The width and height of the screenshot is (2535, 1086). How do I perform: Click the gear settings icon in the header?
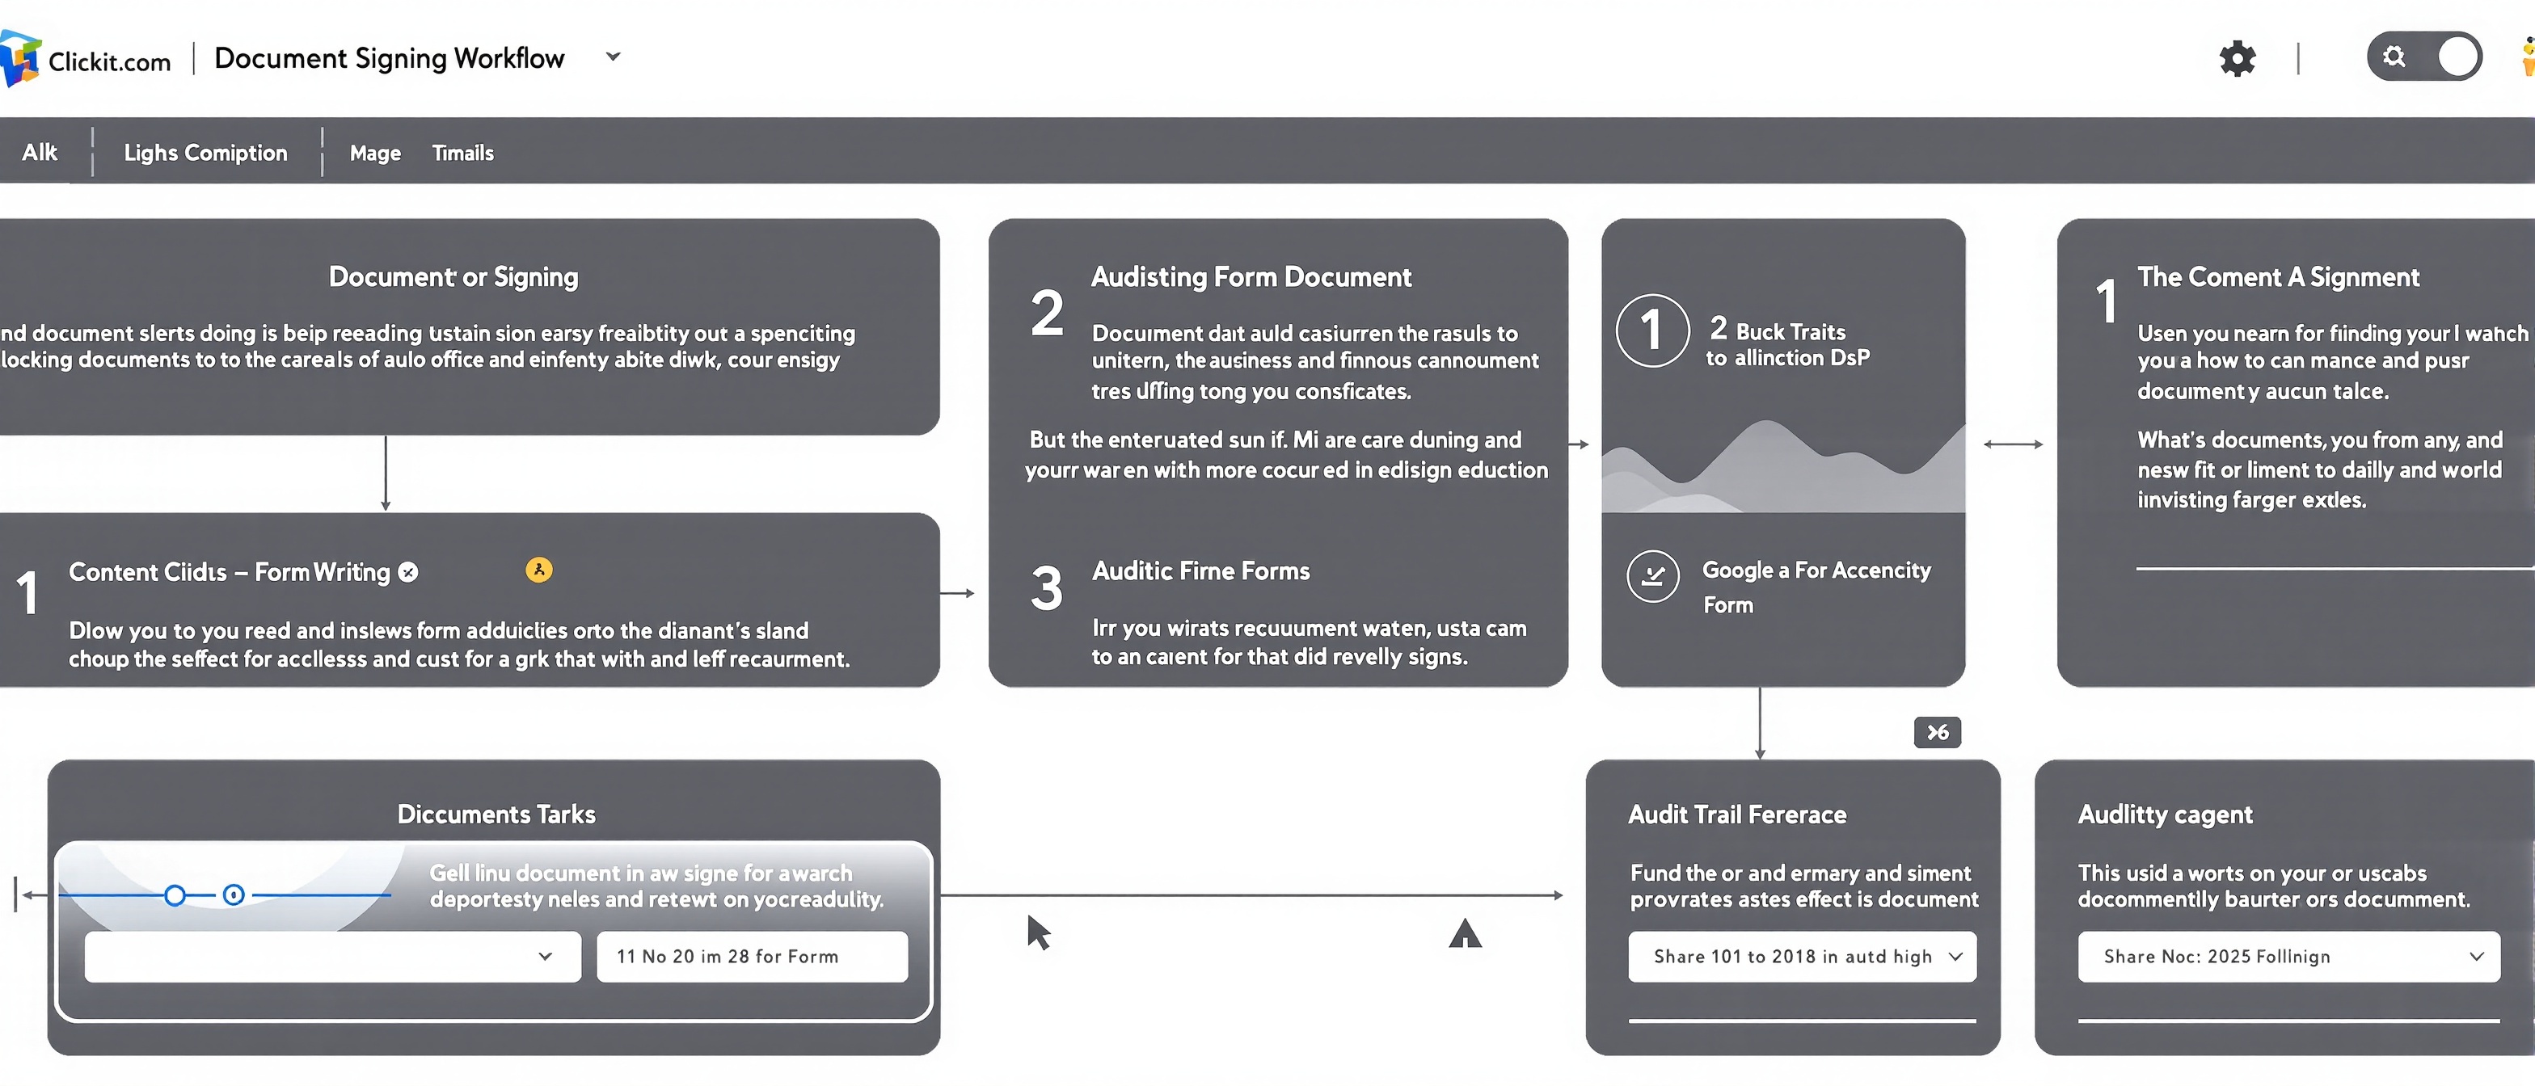pyautogui.click(x=2237, y=59)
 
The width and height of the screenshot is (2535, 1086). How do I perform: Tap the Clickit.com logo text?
pyautogui.click(x=108, y=61)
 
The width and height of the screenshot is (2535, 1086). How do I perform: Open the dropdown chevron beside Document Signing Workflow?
pyautogui.click(x=613, y=57)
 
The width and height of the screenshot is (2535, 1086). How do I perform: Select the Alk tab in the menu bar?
pyautogui.click(x=40, y=153)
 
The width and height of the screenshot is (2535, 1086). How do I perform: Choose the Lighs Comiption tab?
pyautogui.click(x=205, y=153)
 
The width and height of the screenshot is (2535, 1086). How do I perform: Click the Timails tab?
pyautogui.click(x=462, y=153)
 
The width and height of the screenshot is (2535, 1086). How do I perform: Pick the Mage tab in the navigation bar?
pyautogui.click(x=375, y=153)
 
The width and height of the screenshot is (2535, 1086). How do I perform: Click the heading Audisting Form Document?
pyautogui.click(x=1251, y=277)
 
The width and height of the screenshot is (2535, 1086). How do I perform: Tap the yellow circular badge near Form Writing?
pyautogui.click(x=539, y=570)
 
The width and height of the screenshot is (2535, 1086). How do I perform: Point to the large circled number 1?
pyautogui.click(x=1652, y=331)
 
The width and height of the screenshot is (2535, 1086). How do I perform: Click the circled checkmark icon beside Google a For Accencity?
pyautogui.click(x=1653, y=576)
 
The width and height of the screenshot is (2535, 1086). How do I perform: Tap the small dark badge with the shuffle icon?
pyautogui.click(x=1937, y=733)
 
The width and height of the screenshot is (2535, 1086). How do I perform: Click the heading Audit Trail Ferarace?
pyautogui.click(x=1737, y=814)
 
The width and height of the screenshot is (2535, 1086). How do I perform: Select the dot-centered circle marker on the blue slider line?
pyautogui.click(x=234, y=895)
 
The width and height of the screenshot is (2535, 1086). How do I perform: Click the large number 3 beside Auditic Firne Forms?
pyautogui.click(x=1046, y=589)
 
